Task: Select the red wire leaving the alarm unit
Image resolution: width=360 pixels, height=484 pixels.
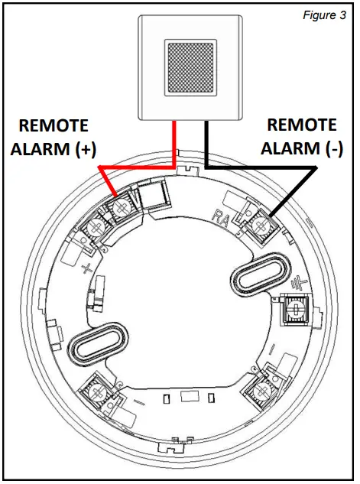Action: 177,141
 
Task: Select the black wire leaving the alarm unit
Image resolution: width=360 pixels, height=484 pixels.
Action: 207,141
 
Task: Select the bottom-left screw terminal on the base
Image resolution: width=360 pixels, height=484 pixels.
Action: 99,389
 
